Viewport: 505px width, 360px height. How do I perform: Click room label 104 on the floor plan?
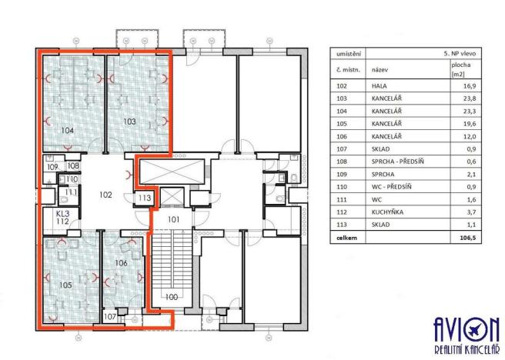67,131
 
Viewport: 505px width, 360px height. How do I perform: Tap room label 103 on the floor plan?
131,122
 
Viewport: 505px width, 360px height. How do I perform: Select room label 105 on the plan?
65,285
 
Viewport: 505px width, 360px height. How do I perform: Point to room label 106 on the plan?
121,263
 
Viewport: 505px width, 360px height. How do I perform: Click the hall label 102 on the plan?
106,195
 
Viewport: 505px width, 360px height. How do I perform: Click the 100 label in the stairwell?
171,297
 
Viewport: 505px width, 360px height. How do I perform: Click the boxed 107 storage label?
110,315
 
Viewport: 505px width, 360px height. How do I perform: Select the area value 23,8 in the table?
460,100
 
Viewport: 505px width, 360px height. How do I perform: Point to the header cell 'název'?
379,69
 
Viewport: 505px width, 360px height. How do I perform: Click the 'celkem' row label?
343,238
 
